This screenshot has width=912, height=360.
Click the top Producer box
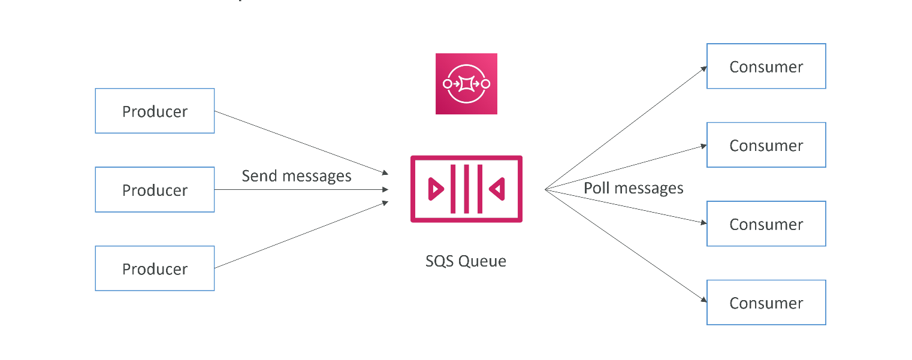pos(155,111)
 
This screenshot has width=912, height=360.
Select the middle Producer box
pos(155,189)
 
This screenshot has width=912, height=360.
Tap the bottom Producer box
pos(155,268)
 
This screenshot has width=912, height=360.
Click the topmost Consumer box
pos(766,66)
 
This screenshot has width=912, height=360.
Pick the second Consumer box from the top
pos(766,145)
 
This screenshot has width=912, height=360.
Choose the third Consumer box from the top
pos(766,224)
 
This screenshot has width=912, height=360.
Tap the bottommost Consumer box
pos(766,302)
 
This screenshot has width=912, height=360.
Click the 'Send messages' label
pos(297,176)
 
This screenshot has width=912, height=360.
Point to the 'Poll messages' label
pos(633,188)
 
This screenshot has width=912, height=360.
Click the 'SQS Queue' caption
pos(466,261)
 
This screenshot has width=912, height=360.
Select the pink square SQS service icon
pos(466,84)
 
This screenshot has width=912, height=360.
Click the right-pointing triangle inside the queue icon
pos(436,189)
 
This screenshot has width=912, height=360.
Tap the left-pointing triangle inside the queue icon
pos(497,189)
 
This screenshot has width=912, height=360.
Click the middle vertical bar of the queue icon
pos(467,189)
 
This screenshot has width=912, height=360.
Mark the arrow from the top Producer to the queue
pos(301,143)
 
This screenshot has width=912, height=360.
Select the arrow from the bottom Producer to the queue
pos(301,235)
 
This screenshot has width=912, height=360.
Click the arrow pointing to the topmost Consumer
pos(626,128)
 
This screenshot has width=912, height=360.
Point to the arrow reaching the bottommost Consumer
pos(626,246)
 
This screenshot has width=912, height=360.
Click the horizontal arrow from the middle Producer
pos(301,189)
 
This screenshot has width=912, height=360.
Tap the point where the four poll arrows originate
pos(545,189)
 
